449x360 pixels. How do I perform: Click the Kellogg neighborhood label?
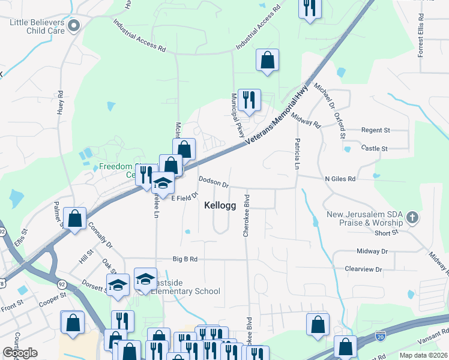(220, 205)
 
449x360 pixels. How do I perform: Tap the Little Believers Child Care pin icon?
(74, 25)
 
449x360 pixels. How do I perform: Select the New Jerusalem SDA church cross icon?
(412, 216)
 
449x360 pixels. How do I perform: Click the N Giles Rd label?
(340, 179)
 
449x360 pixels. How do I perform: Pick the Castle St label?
(375, 148)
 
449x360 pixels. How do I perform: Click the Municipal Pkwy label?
(238, 115)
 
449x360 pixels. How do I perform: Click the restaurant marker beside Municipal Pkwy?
(249, 100)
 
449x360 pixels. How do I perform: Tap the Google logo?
(20, 353)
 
